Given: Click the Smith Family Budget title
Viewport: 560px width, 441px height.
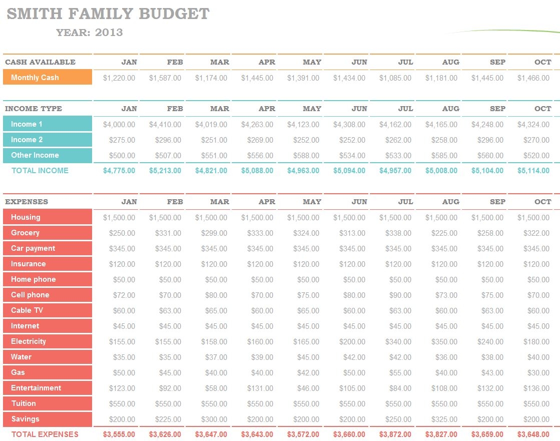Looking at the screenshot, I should coord(108,14).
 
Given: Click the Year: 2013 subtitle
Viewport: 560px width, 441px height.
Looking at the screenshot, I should coord(90,33).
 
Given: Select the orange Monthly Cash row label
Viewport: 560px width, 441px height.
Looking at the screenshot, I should coord(48,78).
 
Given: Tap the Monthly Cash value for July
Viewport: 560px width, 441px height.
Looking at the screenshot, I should coord(395,78).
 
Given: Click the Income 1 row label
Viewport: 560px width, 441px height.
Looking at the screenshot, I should coord(48,124).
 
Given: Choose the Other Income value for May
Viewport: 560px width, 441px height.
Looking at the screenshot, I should coord(303,156).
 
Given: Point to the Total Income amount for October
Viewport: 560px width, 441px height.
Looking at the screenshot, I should coord(533,171).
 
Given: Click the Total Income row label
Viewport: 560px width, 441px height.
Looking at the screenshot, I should coord(40,171).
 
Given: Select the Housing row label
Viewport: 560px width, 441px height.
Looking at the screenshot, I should coord(48,217).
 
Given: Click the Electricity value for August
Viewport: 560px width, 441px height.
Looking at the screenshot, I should coord(441,342).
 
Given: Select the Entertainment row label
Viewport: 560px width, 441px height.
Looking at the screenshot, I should coord(48,388).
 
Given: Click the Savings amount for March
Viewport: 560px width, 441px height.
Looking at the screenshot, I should coord(211,419).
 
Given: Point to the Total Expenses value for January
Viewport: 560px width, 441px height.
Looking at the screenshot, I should coord(119,434).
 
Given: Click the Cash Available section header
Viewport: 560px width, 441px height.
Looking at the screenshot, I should coord(41,62).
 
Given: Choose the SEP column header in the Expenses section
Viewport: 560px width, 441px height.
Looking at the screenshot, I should coord(497,202).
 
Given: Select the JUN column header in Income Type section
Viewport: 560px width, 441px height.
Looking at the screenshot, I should coord(359,109).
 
